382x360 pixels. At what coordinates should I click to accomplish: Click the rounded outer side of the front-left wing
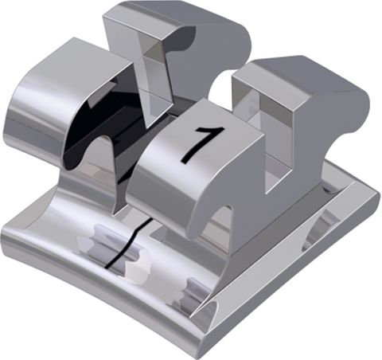pyautogui.click(x=24, y=127)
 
